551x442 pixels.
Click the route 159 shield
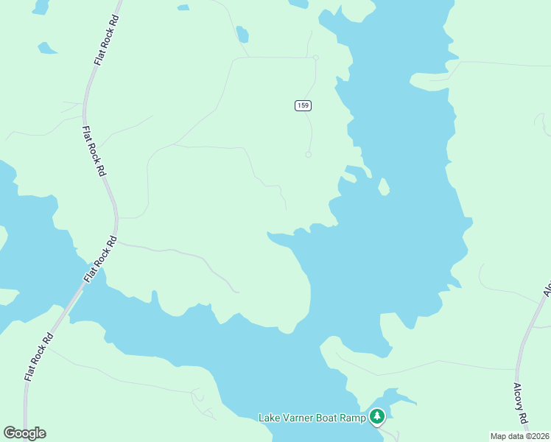click(x=303, y=105)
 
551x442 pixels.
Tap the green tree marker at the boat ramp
click(x=377, y=417)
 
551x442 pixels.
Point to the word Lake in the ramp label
click(x=270, y=418)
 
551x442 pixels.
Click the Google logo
click(x=24, y=433)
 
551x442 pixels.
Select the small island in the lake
click(x=384, y=187)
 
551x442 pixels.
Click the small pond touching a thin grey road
click(x=242, y=35)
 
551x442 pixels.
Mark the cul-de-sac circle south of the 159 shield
click(x=308, y=155)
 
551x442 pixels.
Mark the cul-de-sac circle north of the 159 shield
click(x=315, y=57)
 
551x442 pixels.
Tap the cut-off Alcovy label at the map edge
click(x=547, y=289)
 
